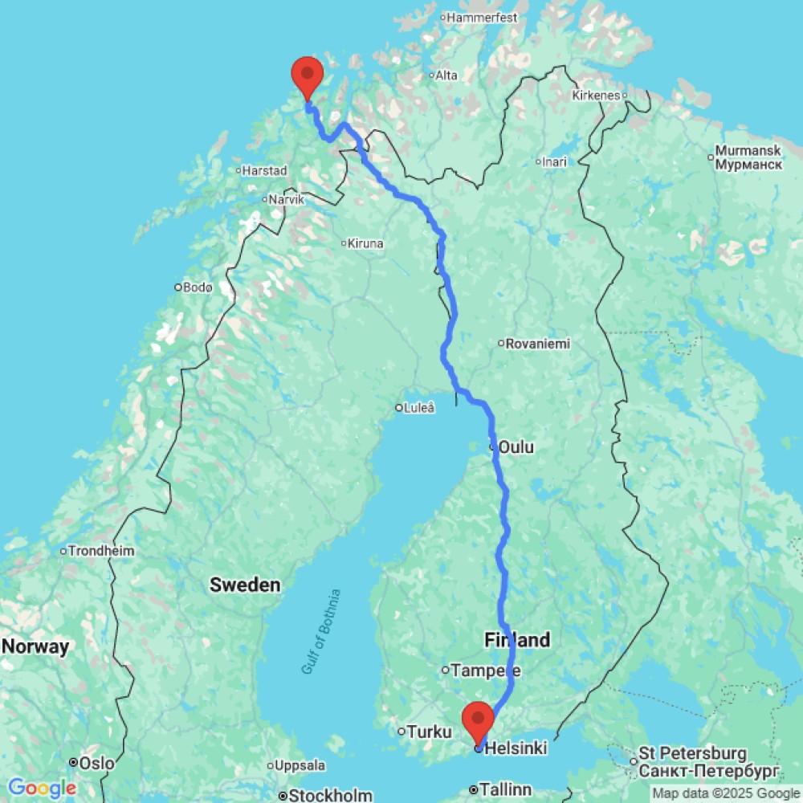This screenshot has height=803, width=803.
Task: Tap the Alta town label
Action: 446,75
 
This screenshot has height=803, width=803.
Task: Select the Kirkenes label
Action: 596,95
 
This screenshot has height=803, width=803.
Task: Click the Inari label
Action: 554,162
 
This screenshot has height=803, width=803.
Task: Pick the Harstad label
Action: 264,170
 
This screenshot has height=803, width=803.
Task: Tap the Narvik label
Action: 286,200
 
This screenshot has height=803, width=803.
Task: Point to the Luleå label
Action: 418,408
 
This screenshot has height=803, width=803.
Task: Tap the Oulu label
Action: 516,446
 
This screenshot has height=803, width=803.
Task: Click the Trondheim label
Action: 101,552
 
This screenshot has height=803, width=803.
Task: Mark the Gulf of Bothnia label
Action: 322,631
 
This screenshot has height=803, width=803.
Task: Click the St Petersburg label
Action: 692,755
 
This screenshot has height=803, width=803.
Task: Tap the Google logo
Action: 42,789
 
